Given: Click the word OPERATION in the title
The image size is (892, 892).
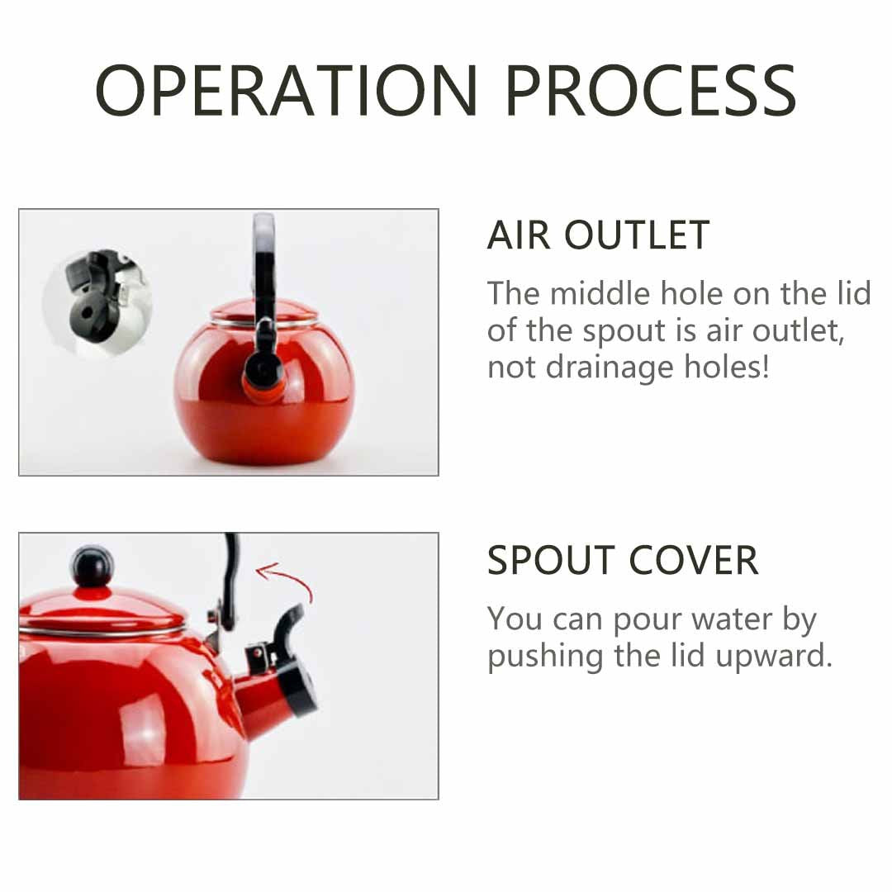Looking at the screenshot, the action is coord(286,91).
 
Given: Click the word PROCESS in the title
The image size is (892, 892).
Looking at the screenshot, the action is coord(651,91).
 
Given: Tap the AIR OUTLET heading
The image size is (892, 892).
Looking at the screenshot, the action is coord(599,235).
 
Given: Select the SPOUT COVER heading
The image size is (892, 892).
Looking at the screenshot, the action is coord(623,560).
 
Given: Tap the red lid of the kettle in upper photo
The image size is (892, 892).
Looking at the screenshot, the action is coord(263,311).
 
